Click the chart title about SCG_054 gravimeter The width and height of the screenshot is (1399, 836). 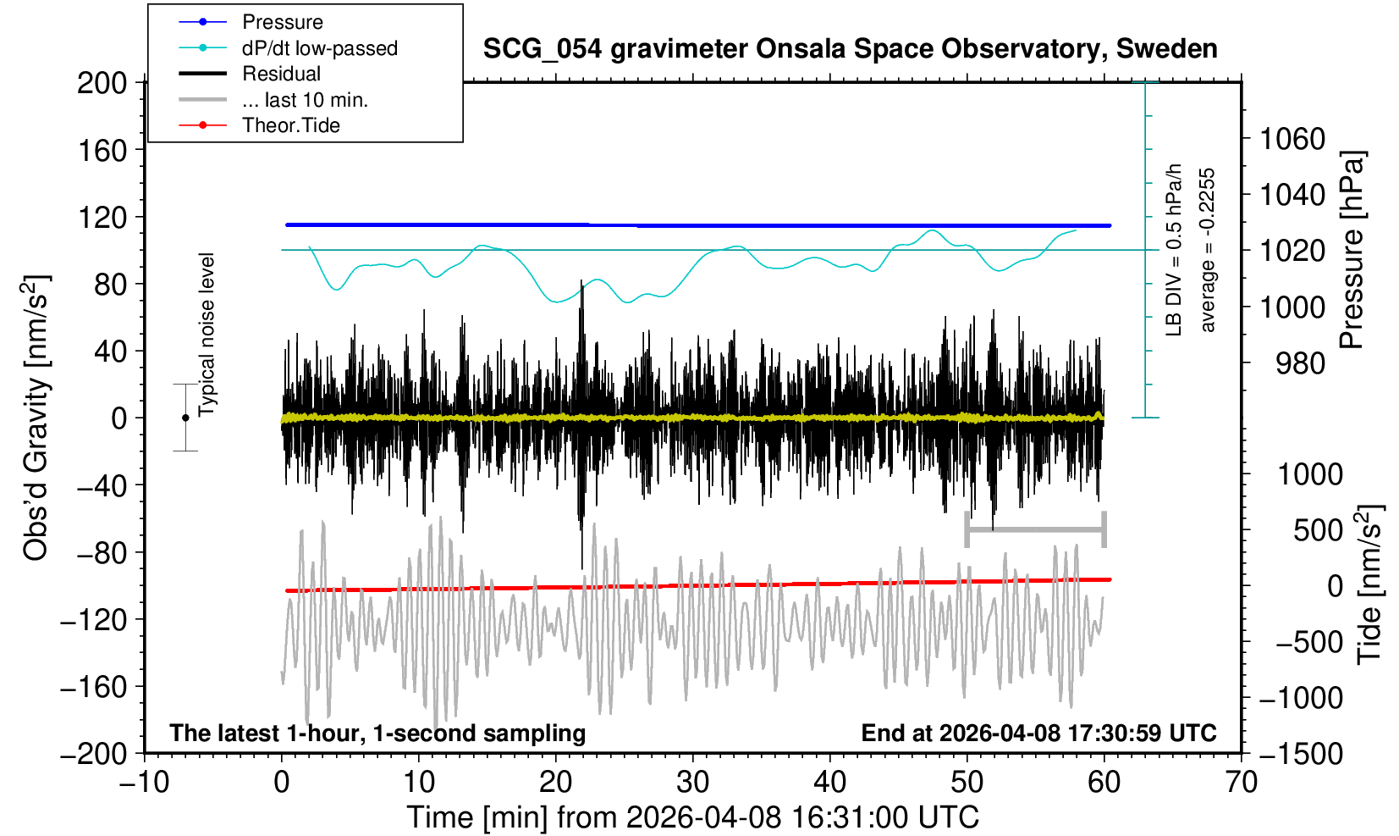[850, 49]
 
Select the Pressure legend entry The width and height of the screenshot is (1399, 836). [282, 22]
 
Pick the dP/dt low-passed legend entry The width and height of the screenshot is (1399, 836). [319, 48]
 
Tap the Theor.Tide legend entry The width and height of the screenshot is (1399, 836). [290, 125]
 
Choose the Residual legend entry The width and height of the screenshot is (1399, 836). [281, 74]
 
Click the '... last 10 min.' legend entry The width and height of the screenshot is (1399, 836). [305, 100]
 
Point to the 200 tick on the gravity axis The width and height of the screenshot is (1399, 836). [102, 83]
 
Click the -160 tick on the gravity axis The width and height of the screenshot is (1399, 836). [95, 687]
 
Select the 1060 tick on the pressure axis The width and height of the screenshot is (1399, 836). [1292, 138]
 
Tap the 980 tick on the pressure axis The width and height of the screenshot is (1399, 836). [1300, 363]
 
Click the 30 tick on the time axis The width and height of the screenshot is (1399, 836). [692, 781]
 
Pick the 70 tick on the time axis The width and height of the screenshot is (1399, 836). [1241, 781]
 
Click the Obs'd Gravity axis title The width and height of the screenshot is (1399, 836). [36, 418]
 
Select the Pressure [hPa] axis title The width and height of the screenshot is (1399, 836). [1352, 250]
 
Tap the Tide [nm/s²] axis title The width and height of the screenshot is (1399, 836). [1369, 584]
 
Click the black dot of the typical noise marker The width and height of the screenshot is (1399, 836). [185, 418]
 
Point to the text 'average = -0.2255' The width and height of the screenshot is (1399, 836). [1208, 250]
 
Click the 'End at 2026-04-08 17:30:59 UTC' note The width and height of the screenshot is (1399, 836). [1038, 733]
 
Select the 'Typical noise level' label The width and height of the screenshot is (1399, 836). [207, 335]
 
